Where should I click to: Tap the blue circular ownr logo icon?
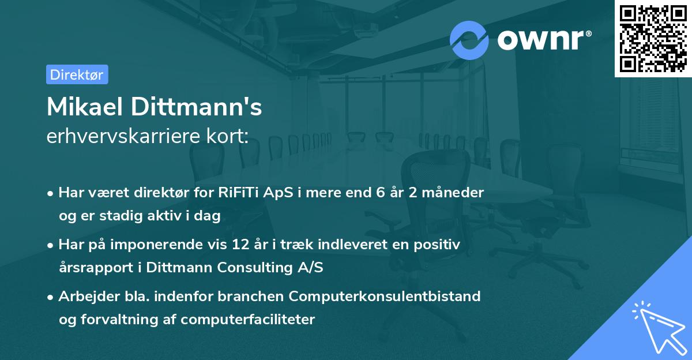469,40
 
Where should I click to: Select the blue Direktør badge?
77,74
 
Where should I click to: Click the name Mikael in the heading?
87,107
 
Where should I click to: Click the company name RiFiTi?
238,193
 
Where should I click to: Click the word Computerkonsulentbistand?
385,297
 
